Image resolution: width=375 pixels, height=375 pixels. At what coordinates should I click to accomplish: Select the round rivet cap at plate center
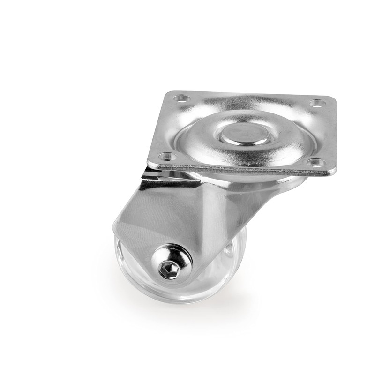(245, 134)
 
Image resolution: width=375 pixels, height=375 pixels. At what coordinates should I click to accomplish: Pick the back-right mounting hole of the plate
(317, 103)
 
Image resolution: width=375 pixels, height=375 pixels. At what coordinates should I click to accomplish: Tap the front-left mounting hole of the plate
(166, 156)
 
